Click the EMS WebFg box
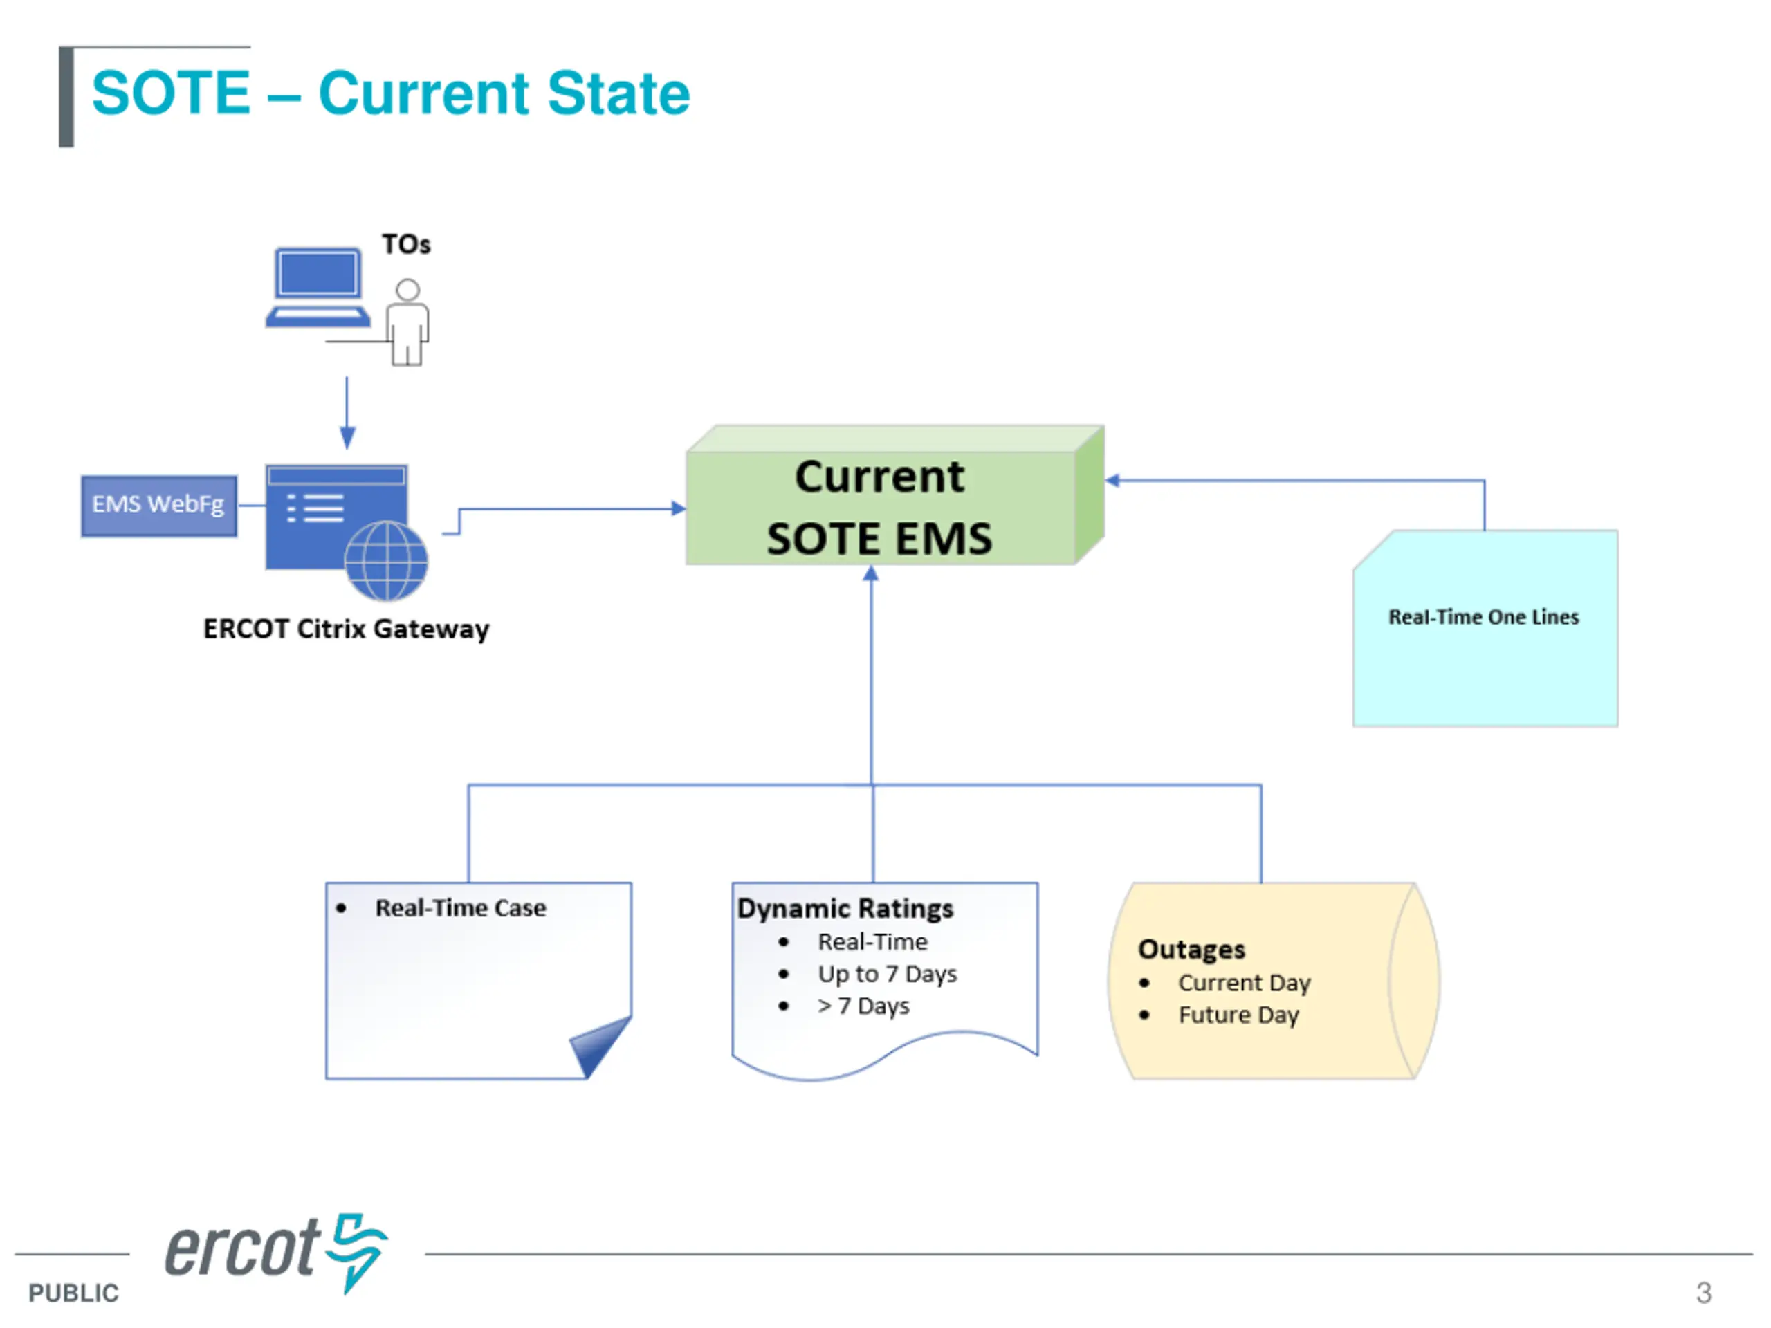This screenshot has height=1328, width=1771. click(x=158, y=506)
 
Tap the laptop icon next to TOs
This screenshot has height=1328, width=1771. click(x=318, y=287)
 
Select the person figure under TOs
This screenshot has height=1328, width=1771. click(x=407, y=322)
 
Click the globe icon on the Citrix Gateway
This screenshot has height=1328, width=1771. click(x=386, y=561)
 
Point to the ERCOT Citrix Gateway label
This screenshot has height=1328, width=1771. click(x=346, y=629)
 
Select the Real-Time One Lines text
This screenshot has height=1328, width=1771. click(x=1484, y=617)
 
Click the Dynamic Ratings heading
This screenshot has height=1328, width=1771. click(x=845, y=909)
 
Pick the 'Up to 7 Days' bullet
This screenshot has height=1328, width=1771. click(x=887, y=974)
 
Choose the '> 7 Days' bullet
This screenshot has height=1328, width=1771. click(x=863, y=1006)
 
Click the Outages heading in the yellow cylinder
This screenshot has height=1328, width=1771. click(x=1191, y=950)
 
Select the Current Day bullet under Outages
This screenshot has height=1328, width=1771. click(x=1244, y=983)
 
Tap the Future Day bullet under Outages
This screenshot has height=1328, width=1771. click(x=1238, y=1015)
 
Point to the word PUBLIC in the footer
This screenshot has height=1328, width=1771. click(x=73, y=1293)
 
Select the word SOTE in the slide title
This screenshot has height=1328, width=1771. click(x=172, y=93)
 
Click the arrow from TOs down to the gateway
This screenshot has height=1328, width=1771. click(x=347, y=413)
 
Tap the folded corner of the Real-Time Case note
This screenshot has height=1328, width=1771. click(x=600, y=1044)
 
